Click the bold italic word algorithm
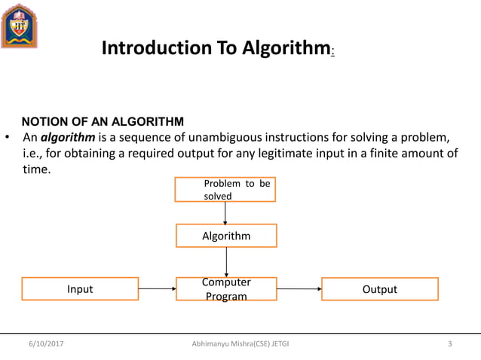coord(63,138)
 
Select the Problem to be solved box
coord(225,190)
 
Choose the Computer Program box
coord(226,289)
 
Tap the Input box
coord(80,289)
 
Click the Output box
coord(380,289)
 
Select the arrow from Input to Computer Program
coord(157,288)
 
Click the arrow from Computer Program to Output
coord(299,288)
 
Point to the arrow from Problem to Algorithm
coord(225,213)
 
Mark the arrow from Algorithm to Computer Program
coord(226,261)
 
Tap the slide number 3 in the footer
coord(449,344)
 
